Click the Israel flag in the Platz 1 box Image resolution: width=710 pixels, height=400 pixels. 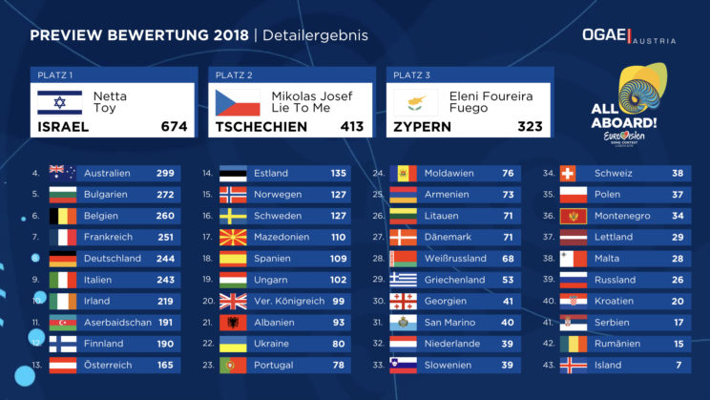[x=59, y=102]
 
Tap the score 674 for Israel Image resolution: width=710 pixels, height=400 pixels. [x=175, y=126]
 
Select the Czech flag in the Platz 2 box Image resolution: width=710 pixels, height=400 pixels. [x=238, y=102]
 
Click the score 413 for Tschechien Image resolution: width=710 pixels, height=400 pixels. [x=352, y=126]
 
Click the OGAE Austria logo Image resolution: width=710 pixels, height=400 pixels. [x=629, y=35]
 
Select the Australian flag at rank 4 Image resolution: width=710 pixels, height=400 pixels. [x=62, y=174]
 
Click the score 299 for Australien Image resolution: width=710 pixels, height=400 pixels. [x=165, y=174]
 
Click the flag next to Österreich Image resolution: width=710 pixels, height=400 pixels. [x=62, y=365]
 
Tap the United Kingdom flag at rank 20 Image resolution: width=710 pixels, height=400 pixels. [x=233, y=301]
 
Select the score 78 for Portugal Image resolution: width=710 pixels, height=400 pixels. [x=338, y=365]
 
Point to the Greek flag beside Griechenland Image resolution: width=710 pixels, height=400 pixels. [x=403, y=280]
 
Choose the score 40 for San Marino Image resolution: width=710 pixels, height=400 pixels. [x=508, y=323]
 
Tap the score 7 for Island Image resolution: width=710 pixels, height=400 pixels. [x=679, y=365]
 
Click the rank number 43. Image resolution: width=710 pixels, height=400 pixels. [x=549, y=365]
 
